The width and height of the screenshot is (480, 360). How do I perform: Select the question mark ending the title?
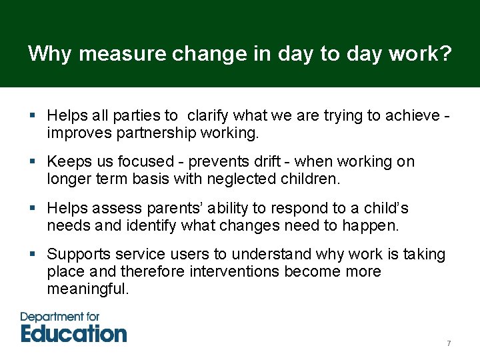[x=445, y=53]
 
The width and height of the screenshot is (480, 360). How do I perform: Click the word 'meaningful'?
[x=87, y=289]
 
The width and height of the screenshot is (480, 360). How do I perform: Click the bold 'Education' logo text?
[x=73, y=333]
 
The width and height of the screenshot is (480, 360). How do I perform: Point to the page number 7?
[x=449, y=343]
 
